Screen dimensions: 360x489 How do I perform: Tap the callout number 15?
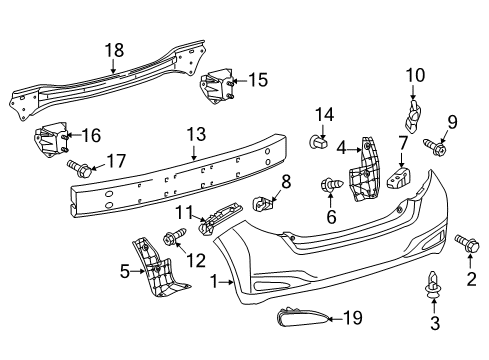pos(257,79)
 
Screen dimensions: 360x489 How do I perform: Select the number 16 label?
pos(90,134)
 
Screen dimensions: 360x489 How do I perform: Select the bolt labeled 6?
pos(328,184)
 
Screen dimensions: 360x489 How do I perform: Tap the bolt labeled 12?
pos(169,238)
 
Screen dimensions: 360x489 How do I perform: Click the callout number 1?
pos(214,283)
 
